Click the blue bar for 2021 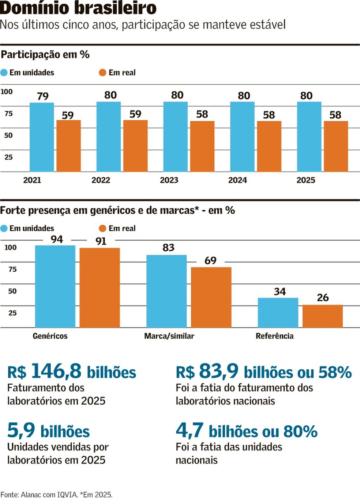[x=42, y=137]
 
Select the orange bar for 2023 [x=202, y=146]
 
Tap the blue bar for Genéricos [x=55, y=286]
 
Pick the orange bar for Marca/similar [x=211, y=297]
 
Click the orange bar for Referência [x=322, y=316]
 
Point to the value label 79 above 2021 [x=43, y=96]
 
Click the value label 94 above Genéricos [x=57, y=239]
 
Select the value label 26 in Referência [x=322, y=298]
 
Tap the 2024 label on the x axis [x=237, y=180]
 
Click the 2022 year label [x=101, y=180]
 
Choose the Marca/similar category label [x=169, y=336]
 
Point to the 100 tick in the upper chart [x=7, y=91]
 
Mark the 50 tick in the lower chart [x=12, y=291]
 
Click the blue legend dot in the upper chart [x=4, y=73]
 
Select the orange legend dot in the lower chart [x=102, y=229]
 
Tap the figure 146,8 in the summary [x=56, y=371]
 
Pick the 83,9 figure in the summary [x=218, y=371]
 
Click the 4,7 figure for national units [x=189, y=430]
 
